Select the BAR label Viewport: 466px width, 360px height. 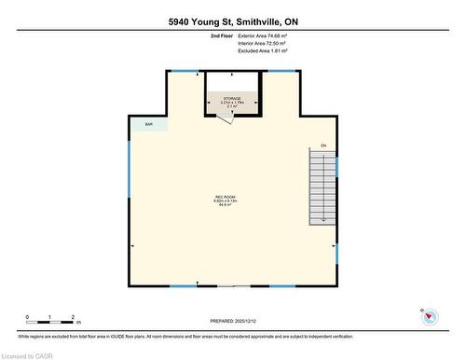coord(148,124)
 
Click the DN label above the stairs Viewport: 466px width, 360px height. coord(323,145)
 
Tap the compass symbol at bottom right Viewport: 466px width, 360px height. coord(430,317)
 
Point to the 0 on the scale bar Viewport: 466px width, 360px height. coord(28,317)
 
